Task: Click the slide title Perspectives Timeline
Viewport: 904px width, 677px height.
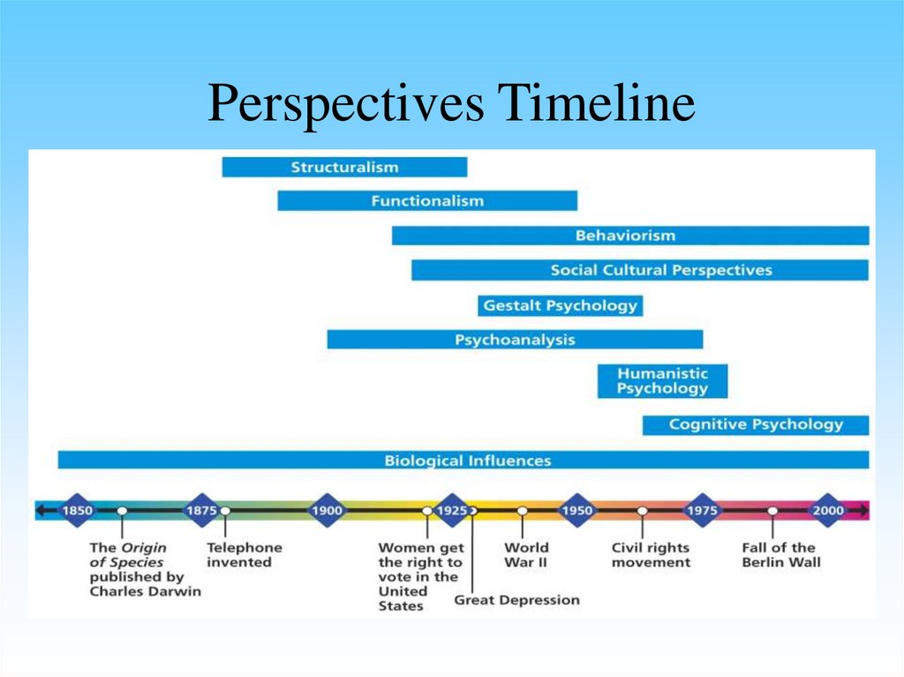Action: pos(451,104)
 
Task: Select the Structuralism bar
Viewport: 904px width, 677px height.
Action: pos(344,167)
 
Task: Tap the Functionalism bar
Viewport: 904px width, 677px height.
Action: pos(427,200)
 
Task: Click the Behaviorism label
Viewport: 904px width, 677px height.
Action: pos(625,236)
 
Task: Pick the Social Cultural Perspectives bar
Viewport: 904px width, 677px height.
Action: pos(640,270)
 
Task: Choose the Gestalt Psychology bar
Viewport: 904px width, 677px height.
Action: pos(560,305)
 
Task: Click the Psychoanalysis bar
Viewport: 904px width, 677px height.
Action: pos(515,340)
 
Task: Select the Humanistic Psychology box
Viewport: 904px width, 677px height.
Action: pos(662,381)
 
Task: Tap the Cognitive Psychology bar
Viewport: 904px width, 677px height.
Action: pos(756,425)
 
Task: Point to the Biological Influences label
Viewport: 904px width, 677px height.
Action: pos(468,460)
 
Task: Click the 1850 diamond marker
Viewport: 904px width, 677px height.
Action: pos(76,510)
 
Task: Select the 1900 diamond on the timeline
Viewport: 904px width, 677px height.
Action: pos(326,510)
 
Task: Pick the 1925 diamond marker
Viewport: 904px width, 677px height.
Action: pos(451,510)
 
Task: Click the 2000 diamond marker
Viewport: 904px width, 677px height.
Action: pos(828,510)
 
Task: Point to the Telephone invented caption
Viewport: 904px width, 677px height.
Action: pos(245,554)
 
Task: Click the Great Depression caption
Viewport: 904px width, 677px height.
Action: pos(516,600)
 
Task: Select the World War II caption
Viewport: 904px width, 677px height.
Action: pos(526,554)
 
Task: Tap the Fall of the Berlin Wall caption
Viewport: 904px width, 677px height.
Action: pos(780,554)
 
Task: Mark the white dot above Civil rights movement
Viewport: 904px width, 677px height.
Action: pos(643,511)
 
